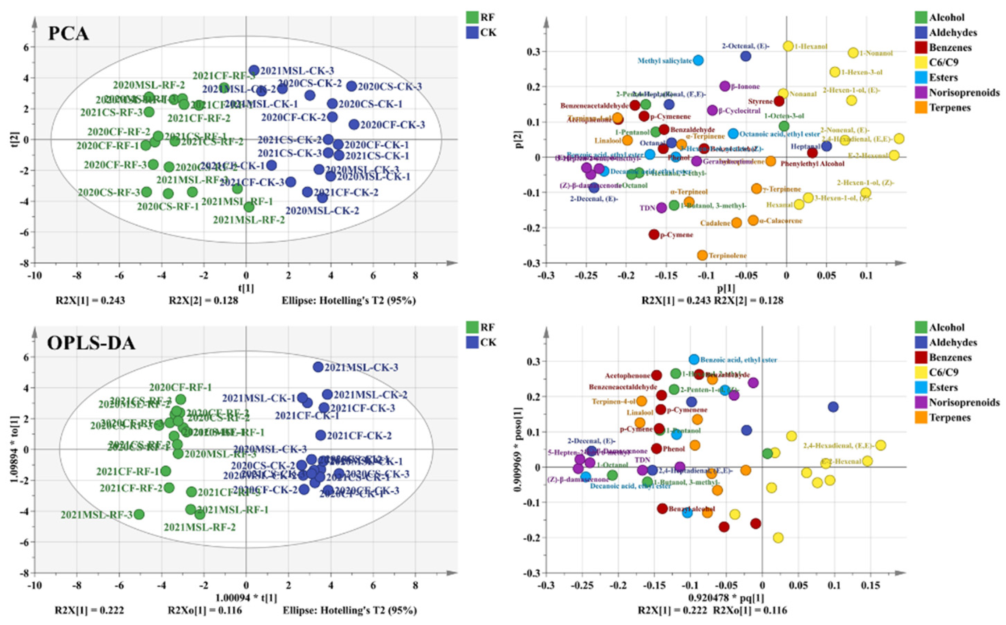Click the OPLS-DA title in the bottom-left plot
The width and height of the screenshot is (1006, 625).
click(91, 343)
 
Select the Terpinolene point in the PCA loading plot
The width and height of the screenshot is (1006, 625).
click(702, 255)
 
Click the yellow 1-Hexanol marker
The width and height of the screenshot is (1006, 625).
click(788, 46)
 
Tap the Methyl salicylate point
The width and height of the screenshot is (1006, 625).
click(698, 60)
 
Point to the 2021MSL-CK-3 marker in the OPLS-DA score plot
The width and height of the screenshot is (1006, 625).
click(318, 367)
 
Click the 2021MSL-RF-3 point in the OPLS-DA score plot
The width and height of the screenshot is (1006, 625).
click(139, 514)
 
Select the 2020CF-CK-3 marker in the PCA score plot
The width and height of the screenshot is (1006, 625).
click(354, 124)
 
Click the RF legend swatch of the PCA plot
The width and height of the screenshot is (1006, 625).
click(472, 17)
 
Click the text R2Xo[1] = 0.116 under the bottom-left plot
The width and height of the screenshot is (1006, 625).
click(205, 611)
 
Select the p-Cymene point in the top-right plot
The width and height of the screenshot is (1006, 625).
click(654, 234)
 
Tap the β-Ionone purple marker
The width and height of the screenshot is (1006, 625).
click(725, 86)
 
